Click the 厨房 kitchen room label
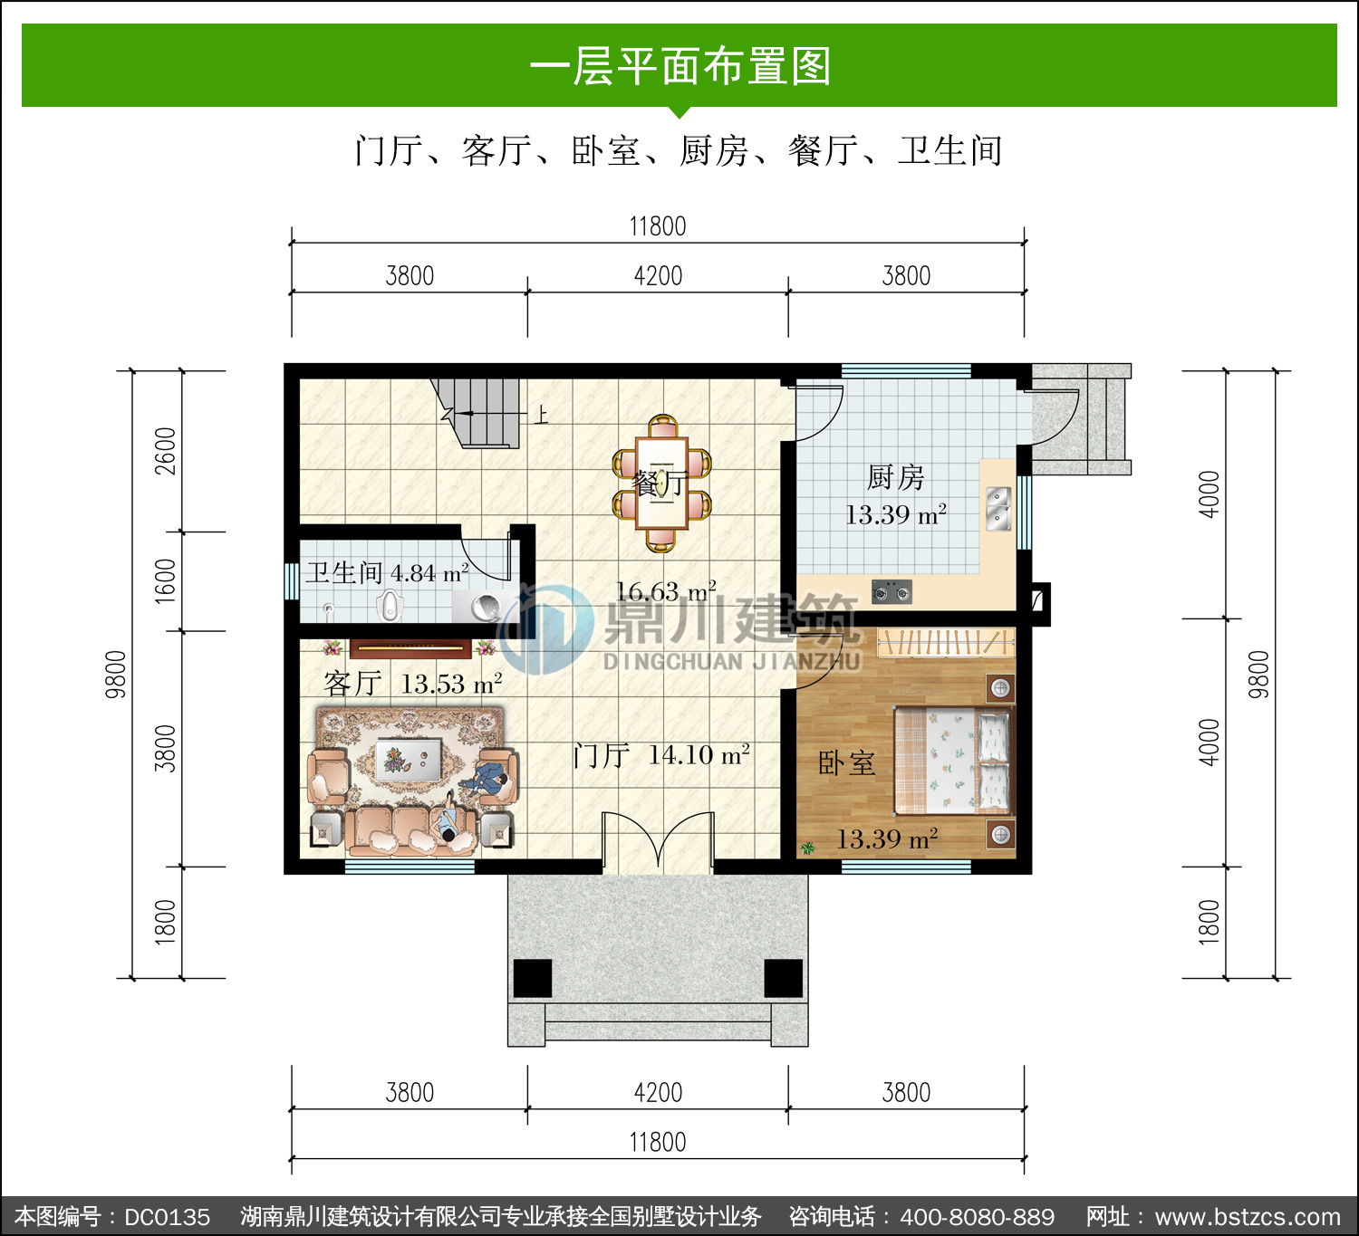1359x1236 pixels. click(896, 478)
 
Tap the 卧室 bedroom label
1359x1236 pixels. click(847, 763)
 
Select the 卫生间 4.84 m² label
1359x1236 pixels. click(388, 573)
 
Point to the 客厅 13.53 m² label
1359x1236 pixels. click(412, 684)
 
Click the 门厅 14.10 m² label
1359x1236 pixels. click(661, 754)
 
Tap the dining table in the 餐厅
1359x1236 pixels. click(662, 483)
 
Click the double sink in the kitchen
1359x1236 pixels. click(998, 509)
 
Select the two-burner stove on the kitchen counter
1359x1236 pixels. click(892, 592)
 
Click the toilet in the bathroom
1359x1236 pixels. click(389, 605)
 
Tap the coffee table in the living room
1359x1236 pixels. click(410, 759)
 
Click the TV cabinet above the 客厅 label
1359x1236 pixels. click(410, 648)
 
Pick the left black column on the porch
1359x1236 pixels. click(533, 978)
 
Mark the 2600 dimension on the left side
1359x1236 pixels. click(165, 451)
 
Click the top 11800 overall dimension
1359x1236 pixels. click(657, 226)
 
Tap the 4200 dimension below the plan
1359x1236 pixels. click(658, 1092)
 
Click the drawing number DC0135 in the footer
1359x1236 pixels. click(168, 1216)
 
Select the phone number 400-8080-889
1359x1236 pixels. click(977, 1216)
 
